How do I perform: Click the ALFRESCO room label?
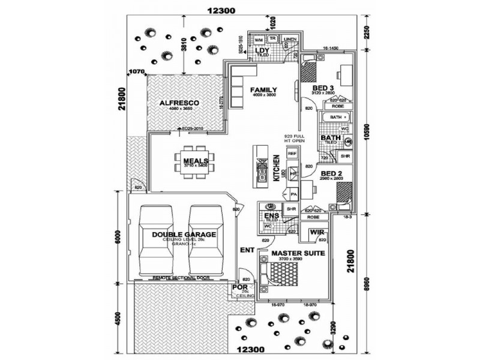point(179,103)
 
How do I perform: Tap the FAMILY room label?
point(263,89)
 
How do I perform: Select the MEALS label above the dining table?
point(196,161)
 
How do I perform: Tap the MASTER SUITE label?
point(298,253)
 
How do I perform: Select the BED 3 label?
point(323,88)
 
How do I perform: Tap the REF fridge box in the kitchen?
point(292,154)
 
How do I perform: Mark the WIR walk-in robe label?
point(317,232)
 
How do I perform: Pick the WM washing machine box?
point(259,40)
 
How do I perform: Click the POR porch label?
point(239,289)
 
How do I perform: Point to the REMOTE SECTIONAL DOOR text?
point(182,278)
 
